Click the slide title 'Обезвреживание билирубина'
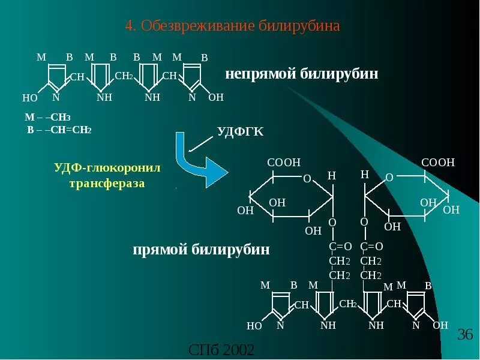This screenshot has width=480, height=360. tap(241, 26)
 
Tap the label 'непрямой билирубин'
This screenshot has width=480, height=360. tap(302, 74)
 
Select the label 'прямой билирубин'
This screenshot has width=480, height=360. tap(201, 250)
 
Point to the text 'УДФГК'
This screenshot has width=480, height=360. tap(240, 132)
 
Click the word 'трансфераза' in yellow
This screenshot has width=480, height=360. tap(107, 184)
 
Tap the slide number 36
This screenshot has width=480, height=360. tap(466, 335)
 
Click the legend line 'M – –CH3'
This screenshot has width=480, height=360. tap(48, 118)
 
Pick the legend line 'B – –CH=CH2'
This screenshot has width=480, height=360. tap(59, 130)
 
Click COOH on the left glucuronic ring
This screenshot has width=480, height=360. tap(283, 163)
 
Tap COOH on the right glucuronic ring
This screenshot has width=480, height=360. tap(438, 163)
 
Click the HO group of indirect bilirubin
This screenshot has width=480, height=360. tap(30, 98)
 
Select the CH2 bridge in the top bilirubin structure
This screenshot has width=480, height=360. tap(123, 76)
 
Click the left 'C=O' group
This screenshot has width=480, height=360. tap(340, 247)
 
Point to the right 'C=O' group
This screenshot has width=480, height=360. tap(371, 247)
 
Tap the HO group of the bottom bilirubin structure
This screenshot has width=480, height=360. tap(254, 326)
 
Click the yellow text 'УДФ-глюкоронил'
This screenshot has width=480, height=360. tap(107, 168)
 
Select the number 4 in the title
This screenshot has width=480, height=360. tap(128, 26)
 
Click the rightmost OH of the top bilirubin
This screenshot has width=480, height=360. tap(216, 97)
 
